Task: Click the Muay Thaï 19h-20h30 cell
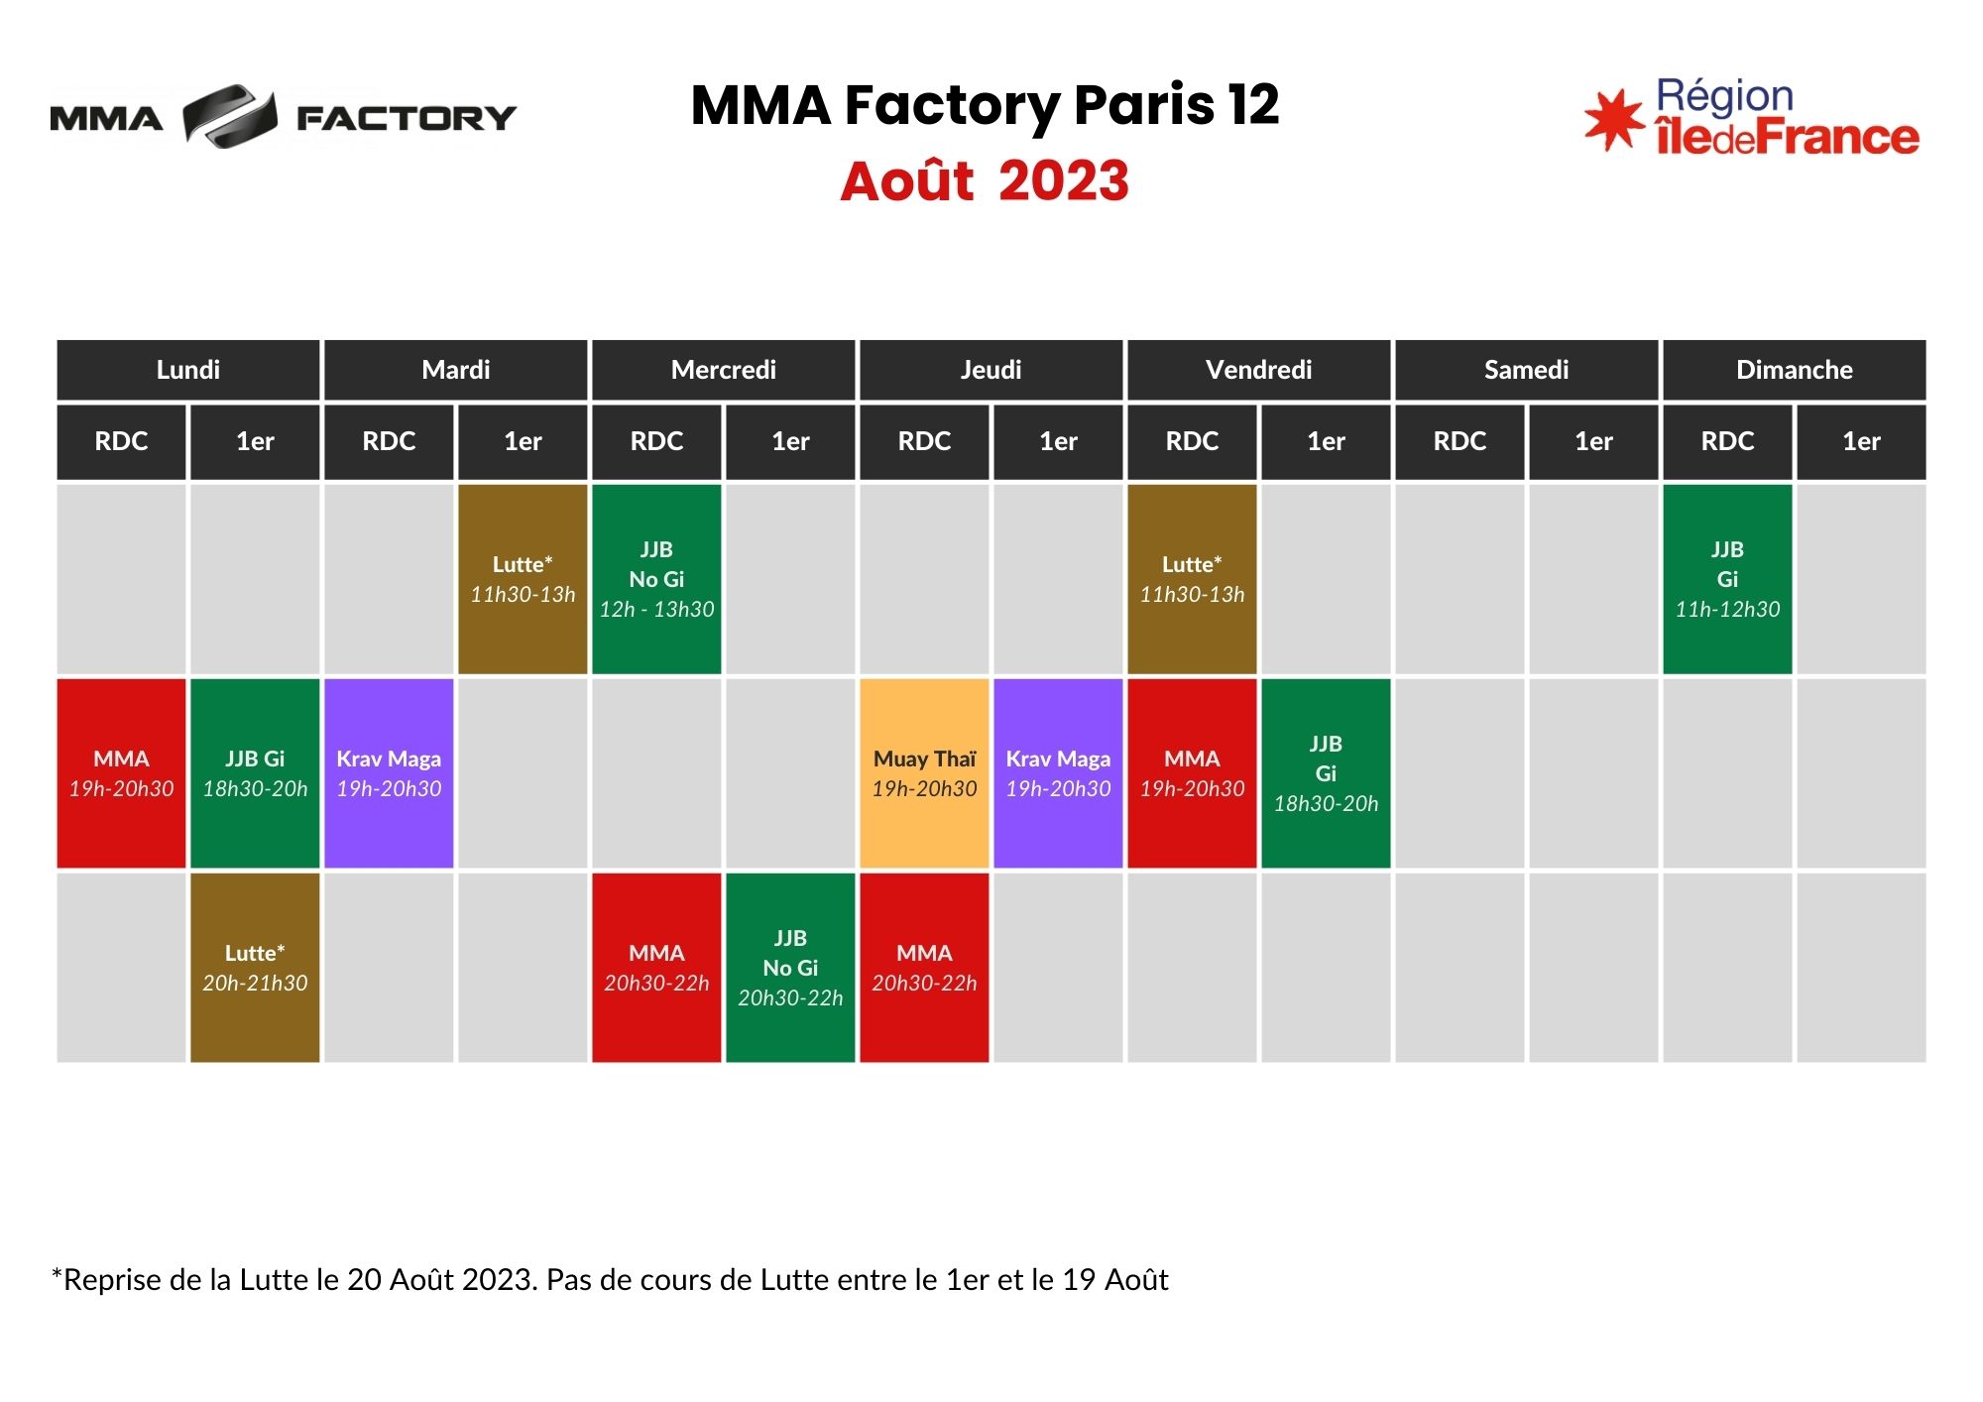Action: (924, 773)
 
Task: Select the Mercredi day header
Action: (724, 370)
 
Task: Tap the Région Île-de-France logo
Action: (1752, 117)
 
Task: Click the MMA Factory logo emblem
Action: (230, 117)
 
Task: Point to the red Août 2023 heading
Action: (985, 181)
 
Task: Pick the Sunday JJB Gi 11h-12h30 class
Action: (1727, 579)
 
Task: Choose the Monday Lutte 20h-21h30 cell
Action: (255, 968)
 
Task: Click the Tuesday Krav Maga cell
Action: (389, 773)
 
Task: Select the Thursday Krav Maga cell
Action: (1058, 773)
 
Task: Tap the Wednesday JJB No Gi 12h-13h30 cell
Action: (656, 579)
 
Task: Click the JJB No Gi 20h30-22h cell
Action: (790, 968)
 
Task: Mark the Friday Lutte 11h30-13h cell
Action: (1192, 579)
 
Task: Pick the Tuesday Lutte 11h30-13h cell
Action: (523, 579)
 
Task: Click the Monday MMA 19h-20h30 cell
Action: (121, 773)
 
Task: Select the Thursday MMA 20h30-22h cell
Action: (924, 968)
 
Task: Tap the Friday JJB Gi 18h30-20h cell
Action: (1326, 773)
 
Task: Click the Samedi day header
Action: (1527, 370)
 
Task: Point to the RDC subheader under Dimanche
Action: (1727, 441)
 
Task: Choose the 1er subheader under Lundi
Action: (255, 441)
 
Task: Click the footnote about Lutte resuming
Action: (610, 1280)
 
